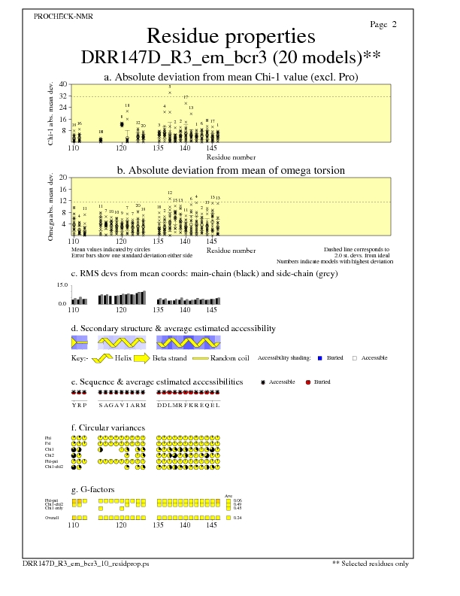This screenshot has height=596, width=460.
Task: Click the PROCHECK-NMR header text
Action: tap(64, 17)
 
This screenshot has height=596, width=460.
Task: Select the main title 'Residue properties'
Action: tap(231, 36)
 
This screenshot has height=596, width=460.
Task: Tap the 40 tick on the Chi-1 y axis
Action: tap(64, 84)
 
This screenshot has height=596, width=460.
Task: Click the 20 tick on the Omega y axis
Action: tap(64, 178)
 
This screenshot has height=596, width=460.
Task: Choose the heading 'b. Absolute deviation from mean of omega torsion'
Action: tap(231, 171)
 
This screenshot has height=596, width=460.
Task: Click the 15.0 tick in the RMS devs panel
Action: tap(62, 285)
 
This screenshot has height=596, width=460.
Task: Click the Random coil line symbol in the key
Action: tap(200, 358)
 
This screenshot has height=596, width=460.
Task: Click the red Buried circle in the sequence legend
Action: tap(308, 382)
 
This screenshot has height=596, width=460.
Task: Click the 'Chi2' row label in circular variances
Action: tap(50, 455)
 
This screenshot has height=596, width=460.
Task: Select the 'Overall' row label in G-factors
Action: tap(52, 518)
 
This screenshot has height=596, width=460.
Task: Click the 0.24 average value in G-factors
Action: tap(238, 518)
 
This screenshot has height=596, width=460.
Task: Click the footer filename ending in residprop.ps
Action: tap(91, 563)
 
